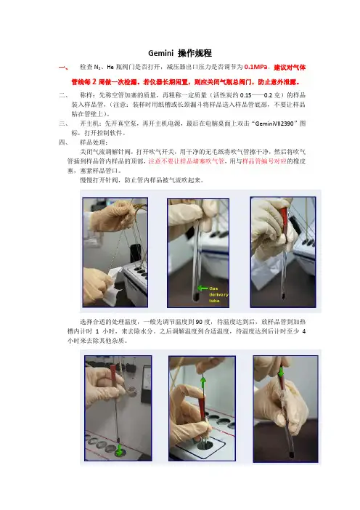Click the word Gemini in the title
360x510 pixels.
161,53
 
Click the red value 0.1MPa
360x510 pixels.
255,67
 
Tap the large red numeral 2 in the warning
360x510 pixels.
94,81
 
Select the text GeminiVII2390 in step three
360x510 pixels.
274,124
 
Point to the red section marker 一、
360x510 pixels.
63,68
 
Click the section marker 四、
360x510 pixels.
63,142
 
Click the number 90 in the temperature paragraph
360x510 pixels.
199,322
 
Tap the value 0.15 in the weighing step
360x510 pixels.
245,95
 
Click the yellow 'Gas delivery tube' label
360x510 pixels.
218,295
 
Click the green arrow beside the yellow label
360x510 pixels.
202,288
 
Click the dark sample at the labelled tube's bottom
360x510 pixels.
196,297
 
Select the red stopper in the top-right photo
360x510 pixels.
284,216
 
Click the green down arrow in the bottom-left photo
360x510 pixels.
119,450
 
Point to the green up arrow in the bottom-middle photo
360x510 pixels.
203,382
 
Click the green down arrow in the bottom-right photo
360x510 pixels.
280,372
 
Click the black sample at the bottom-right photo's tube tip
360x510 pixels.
291,454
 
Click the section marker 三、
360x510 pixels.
63,124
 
